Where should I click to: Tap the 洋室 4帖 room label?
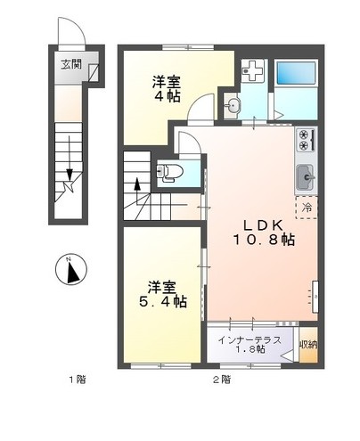(163, 86)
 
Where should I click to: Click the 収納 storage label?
(307, 344)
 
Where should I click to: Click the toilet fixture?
(172, 170)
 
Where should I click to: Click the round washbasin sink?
(235, 106)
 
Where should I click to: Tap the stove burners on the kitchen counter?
(306, 141)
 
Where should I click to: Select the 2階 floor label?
(221, 380)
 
